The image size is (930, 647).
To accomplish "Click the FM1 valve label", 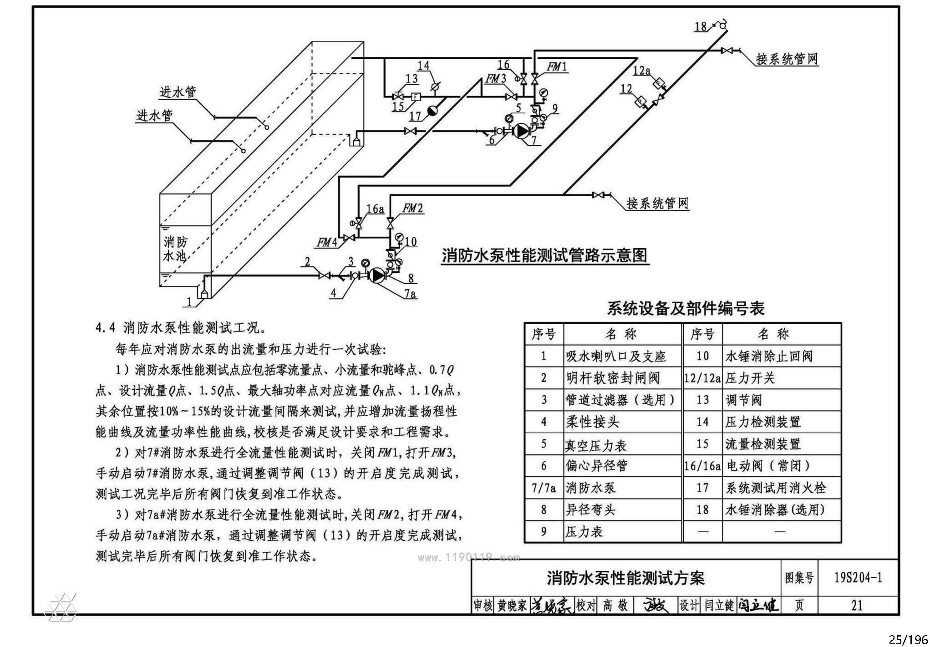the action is click(557, 67).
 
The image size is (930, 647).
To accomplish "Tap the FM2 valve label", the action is click(413, 209).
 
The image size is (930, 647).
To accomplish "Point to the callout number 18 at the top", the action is click(701, 26).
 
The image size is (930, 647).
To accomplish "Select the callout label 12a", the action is click(642, 71).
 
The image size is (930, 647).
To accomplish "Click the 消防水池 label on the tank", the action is click(175, 249).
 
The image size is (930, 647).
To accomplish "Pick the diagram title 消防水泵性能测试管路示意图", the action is click(545, 255).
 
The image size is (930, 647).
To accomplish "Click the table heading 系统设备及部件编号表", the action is click(686, 308).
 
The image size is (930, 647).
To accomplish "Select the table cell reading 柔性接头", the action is click(592, 422).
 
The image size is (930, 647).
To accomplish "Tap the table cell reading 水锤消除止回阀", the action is click(769, 356).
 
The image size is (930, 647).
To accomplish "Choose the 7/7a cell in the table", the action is click(544, 488).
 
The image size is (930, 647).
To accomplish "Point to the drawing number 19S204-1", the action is click(858, 577).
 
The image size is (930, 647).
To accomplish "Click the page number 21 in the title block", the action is click(857, 605).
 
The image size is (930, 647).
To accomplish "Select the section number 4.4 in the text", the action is click(106, 328).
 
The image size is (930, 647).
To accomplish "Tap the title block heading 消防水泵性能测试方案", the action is click(625, 578).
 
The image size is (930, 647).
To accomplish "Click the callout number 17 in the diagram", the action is click(415, 116).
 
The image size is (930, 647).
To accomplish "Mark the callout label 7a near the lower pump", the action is click(410, 294).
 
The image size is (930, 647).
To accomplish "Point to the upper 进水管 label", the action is click(178, 92).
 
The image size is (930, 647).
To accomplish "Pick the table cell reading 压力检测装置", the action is click(763, 422).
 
